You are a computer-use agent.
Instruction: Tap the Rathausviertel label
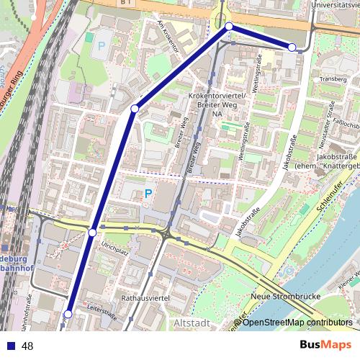tap(147, 295)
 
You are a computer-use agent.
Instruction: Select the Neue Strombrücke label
tap(281, 296)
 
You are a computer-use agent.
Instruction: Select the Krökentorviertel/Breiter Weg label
tap(216, 100)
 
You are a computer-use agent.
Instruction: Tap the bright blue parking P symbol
tap(148, 193)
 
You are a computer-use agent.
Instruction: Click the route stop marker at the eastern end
tap(292, 48)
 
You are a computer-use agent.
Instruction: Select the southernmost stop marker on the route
tap(68, 314)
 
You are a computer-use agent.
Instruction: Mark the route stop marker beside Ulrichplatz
tap(92, 232)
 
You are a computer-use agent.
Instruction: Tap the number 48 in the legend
tap(28, 346)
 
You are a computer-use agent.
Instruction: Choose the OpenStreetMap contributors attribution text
tap(297, 323)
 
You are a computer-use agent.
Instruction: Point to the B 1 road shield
tap(126, 3)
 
